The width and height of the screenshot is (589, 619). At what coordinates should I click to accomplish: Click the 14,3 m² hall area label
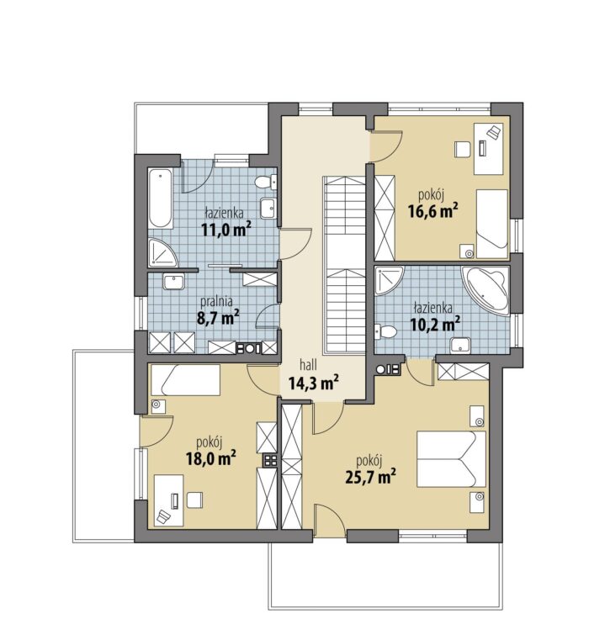314,383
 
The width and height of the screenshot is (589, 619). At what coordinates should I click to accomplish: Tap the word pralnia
216,302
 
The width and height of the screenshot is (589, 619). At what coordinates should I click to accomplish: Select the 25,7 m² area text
370,477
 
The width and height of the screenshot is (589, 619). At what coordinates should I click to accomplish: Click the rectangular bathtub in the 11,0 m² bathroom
161,198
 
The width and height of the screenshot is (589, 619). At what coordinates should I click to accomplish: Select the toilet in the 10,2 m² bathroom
385,331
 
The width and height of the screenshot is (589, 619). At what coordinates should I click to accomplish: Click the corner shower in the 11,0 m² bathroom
162,252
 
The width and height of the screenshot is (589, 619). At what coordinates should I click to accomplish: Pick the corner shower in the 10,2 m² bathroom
390,281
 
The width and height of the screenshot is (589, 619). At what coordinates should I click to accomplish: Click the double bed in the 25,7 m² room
451,458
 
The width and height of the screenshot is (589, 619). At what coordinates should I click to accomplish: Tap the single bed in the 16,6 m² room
492,224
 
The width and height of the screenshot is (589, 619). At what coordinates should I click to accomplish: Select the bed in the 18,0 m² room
185,380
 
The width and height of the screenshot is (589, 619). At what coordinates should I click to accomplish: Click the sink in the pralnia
173,283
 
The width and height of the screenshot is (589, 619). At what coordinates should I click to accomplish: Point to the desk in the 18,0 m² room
168,500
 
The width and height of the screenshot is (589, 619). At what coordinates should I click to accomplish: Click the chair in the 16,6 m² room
462,150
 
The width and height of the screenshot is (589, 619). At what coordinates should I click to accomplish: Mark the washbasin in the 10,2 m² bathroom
460,345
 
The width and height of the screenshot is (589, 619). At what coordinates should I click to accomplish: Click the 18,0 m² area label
211,458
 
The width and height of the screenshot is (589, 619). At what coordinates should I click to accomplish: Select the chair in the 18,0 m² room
194,500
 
